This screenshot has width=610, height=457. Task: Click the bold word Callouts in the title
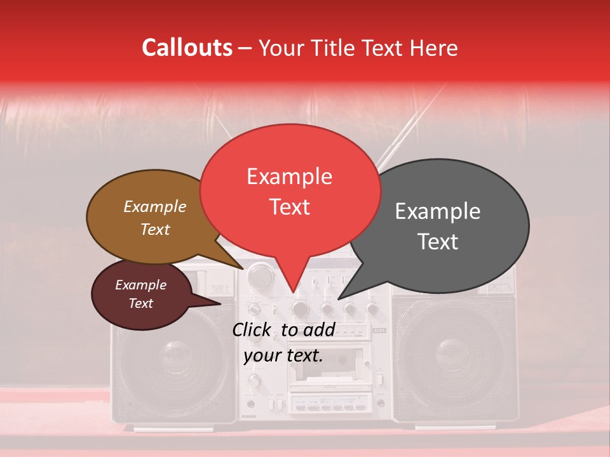point(187,48)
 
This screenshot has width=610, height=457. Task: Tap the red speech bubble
point(290,190)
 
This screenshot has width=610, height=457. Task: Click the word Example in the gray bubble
point(438,211)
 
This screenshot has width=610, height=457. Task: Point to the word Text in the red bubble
point(290,207)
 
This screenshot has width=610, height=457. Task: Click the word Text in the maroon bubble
point(141,303)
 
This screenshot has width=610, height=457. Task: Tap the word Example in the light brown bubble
point(154,206)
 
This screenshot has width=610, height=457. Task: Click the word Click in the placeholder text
point(253,329)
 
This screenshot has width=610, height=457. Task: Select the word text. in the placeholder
point(302,355)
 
